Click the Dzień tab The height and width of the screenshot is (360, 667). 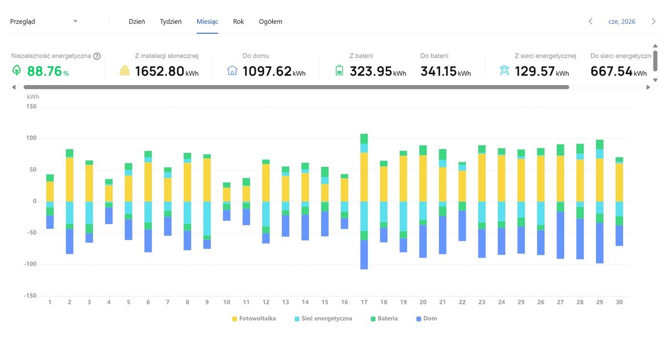click(137, 21)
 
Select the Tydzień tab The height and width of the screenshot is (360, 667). click(171, 21)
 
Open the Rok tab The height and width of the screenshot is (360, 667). click(239, 21)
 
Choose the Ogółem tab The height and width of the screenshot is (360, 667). click(271, 21)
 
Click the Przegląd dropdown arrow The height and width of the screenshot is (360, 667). click(76, 21)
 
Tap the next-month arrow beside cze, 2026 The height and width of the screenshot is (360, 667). click(654, 21)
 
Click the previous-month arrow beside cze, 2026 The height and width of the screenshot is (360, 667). click(591, 21)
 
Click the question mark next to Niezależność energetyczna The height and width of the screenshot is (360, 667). click(97, 56)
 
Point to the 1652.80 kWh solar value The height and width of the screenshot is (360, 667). click(167, 71)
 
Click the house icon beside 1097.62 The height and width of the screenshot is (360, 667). click(232, 70)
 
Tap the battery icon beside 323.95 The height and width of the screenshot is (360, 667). click(339, 70)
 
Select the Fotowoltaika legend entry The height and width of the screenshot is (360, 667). click(254, 319)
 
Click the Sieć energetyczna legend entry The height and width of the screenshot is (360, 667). click(323, 319)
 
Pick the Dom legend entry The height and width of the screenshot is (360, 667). click(427, 319)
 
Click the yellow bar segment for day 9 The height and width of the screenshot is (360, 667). click(207, 180)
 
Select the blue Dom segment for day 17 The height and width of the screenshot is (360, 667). click(364, 255)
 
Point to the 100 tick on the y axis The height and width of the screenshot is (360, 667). click(31, 138)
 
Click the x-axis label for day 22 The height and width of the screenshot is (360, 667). click(462, 302)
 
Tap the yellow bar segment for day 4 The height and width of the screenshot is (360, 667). click(109, 193)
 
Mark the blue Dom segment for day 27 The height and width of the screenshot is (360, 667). click(560, 235)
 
